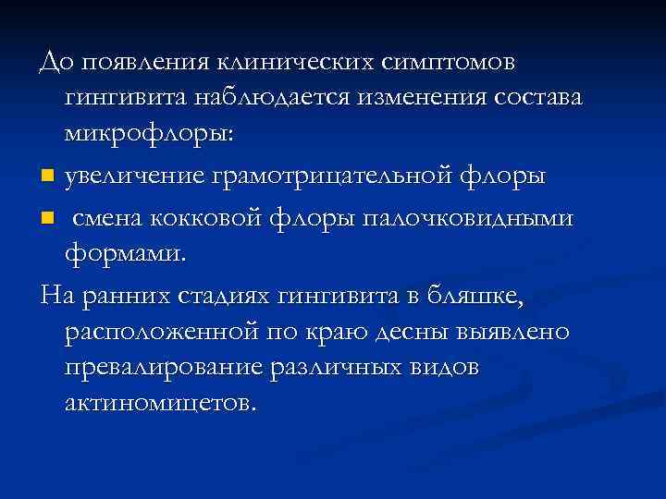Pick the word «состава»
pyautogui.click(x=541, y=98)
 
